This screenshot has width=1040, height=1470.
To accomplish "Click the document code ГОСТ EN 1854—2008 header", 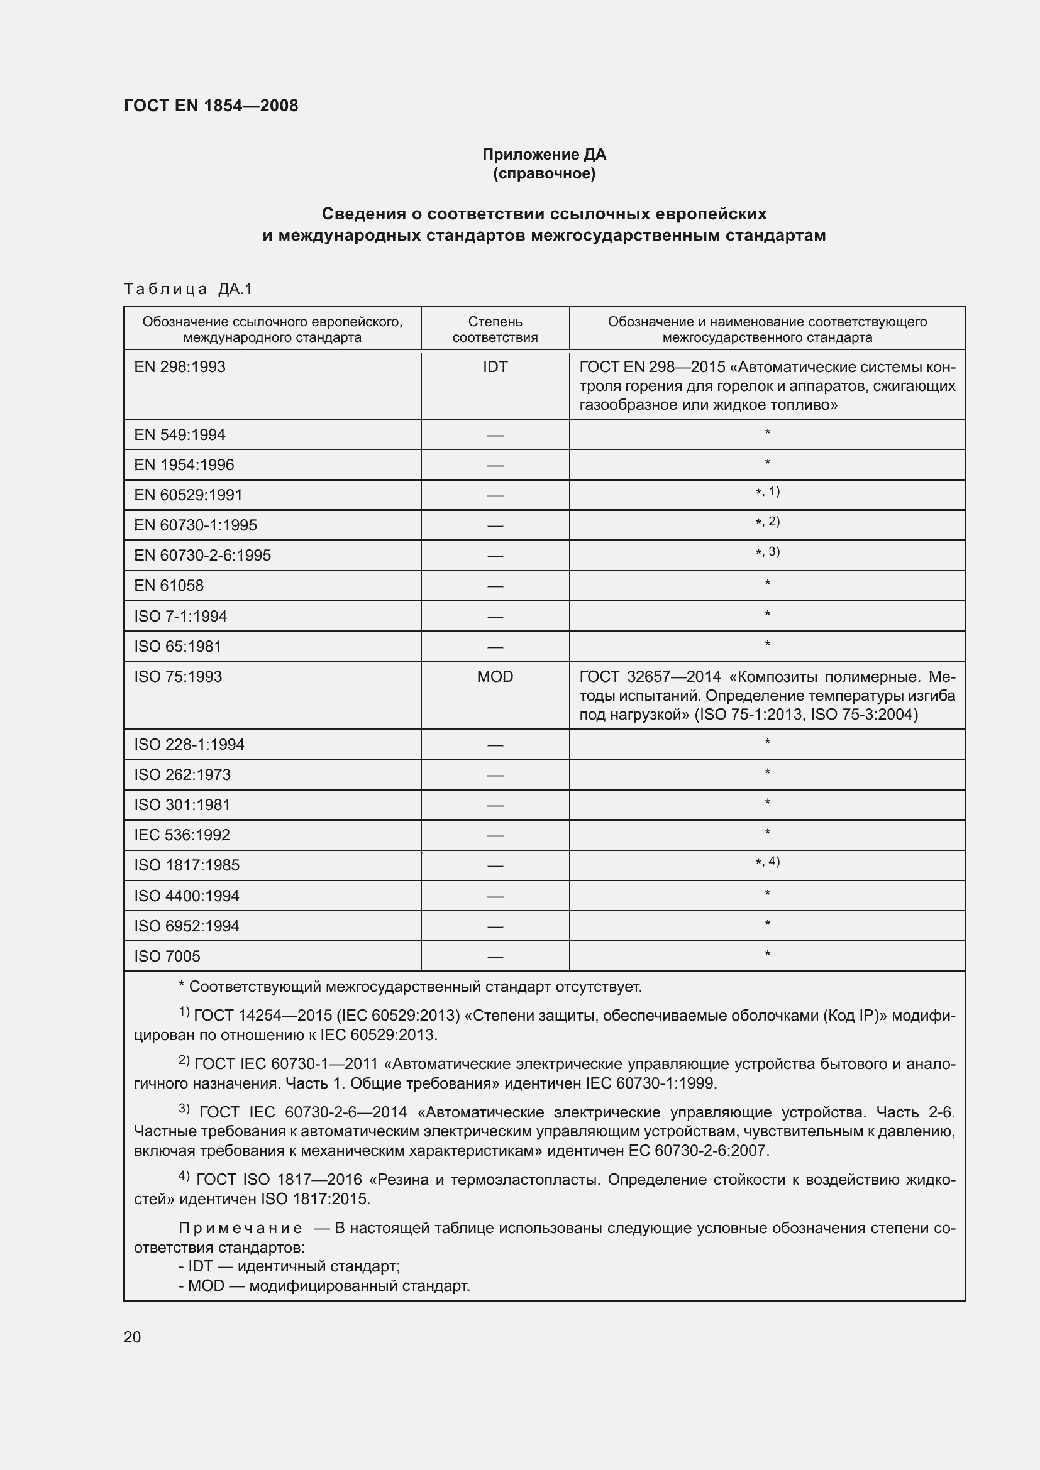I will click(211, 106).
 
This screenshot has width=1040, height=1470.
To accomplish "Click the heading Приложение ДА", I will click(544, 155).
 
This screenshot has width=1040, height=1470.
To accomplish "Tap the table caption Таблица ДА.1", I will click(188, 289).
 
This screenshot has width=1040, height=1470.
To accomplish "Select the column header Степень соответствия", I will click(495, 329).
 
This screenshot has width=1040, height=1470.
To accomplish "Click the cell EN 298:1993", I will click(180, 367).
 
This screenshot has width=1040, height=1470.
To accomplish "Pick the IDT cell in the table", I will click(495, 367).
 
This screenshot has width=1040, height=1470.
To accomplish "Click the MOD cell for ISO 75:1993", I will click(495, 677).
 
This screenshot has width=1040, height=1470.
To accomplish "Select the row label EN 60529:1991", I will click(188, 495).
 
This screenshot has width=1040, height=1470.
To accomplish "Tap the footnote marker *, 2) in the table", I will click(767, 522).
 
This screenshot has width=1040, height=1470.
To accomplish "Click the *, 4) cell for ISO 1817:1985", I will click(767, 862).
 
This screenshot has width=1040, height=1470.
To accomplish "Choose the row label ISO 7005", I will click(167, 957).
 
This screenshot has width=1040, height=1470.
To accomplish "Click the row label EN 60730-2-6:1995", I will click(202, 555).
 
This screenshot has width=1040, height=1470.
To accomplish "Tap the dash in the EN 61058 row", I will click(495, 586).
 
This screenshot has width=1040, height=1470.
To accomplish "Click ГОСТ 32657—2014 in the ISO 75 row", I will click(650, 677).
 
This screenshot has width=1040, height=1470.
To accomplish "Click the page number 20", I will click(133, 1337).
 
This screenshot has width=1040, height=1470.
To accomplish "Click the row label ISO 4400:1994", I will click(186, 896).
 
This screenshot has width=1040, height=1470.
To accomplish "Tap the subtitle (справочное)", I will click(544, 174).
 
